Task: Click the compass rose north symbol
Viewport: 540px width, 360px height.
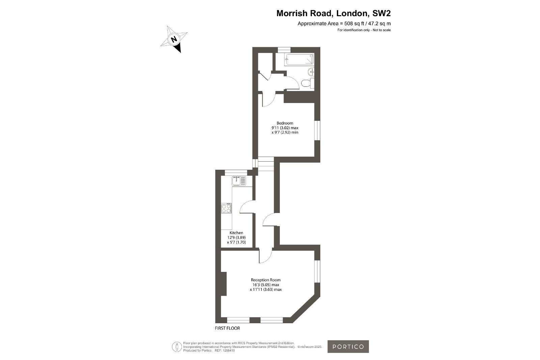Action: [174, 39]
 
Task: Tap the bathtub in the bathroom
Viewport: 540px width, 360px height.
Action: [299, 59]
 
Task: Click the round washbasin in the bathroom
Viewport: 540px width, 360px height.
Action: [311, 72]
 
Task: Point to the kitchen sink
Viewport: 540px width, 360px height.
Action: [239, 181]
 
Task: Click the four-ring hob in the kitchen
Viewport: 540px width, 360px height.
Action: [226, 208]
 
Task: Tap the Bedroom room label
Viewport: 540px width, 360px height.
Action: [285, 123]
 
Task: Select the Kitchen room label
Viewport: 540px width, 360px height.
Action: [236, 233]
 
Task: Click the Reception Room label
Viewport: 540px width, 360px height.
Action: [266, 280]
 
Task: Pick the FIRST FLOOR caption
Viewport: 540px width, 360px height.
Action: [227, 328]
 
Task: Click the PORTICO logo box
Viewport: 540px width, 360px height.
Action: [348, 347]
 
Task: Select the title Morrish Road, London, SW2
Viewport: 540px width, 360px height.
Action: [333, 13]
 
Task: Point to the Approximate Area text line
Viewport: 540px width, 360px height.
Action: [344, 24]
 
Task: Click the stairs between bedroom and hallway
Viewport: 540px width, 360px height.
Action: [266, 164]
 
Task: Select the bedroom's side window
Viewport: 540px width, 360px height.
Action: [317, 131]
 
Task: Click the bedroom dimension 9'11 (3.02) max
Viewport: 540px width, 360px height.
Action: [285, 128]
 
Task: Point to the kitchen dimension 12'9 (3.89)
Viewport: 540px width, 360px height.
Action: [236, 238]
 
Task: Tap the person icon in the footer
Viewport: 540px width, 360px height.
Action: [177, 347]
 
